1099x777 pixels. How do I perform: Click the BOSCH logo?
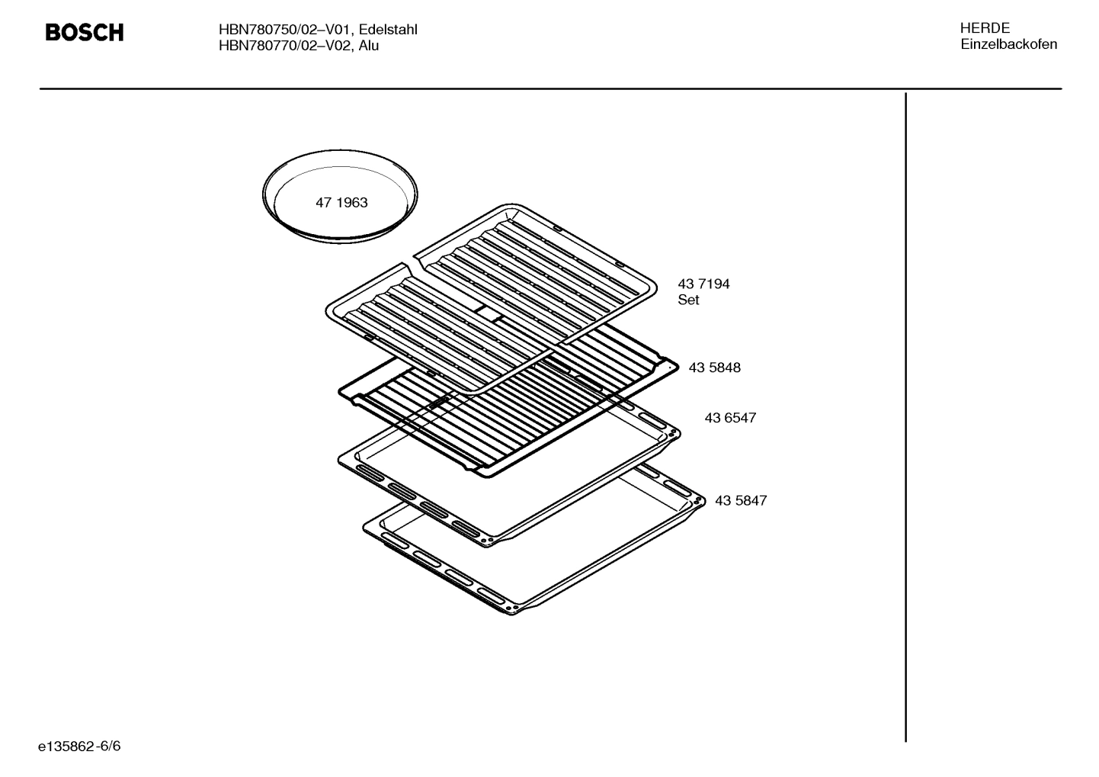tap(84, 33)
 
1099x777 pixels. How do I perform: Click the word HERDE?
tap(985, 28)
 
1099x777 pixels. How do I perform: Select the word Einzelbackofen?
tap(1008, 44)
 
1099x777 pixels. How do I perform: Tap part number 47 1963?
tap(341, 203)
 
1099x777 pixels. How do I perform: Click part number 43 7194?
tap(703, 284)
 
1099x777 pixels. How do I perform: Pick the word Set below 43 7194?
tap(688, 300)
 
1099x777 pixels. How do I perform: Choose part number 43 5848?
tap(714, 368)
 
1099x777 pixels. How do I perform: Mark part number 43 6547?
tap(730, 418)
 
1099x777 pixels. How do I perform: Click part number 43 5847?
tap(741, 501)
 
